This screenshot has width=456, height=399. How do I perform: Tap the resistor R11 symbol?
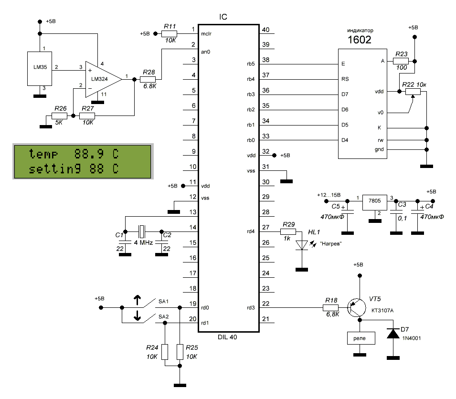pyautogui.click(x=170, y=33)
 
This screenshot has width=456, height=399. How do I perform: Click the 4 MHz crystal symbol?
pyautogui.click(x=142, y=232)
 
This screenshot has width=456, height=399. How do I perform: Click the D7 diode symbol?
pyautogui.click(x=393, y=334)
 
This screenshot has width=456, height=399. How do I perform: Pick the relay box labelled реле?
pyautogui.click(x=360, y=338)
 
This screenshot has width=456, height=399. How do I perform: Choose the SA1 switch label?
pyautogui.click(x=163, y=302)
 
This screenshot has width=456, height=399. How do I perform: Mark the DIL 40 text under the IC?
pyautogui.click(x=226, y=336)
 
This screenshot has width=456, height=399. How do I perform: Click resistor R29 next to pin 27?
pyautogui.click(x=289, y=232)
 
